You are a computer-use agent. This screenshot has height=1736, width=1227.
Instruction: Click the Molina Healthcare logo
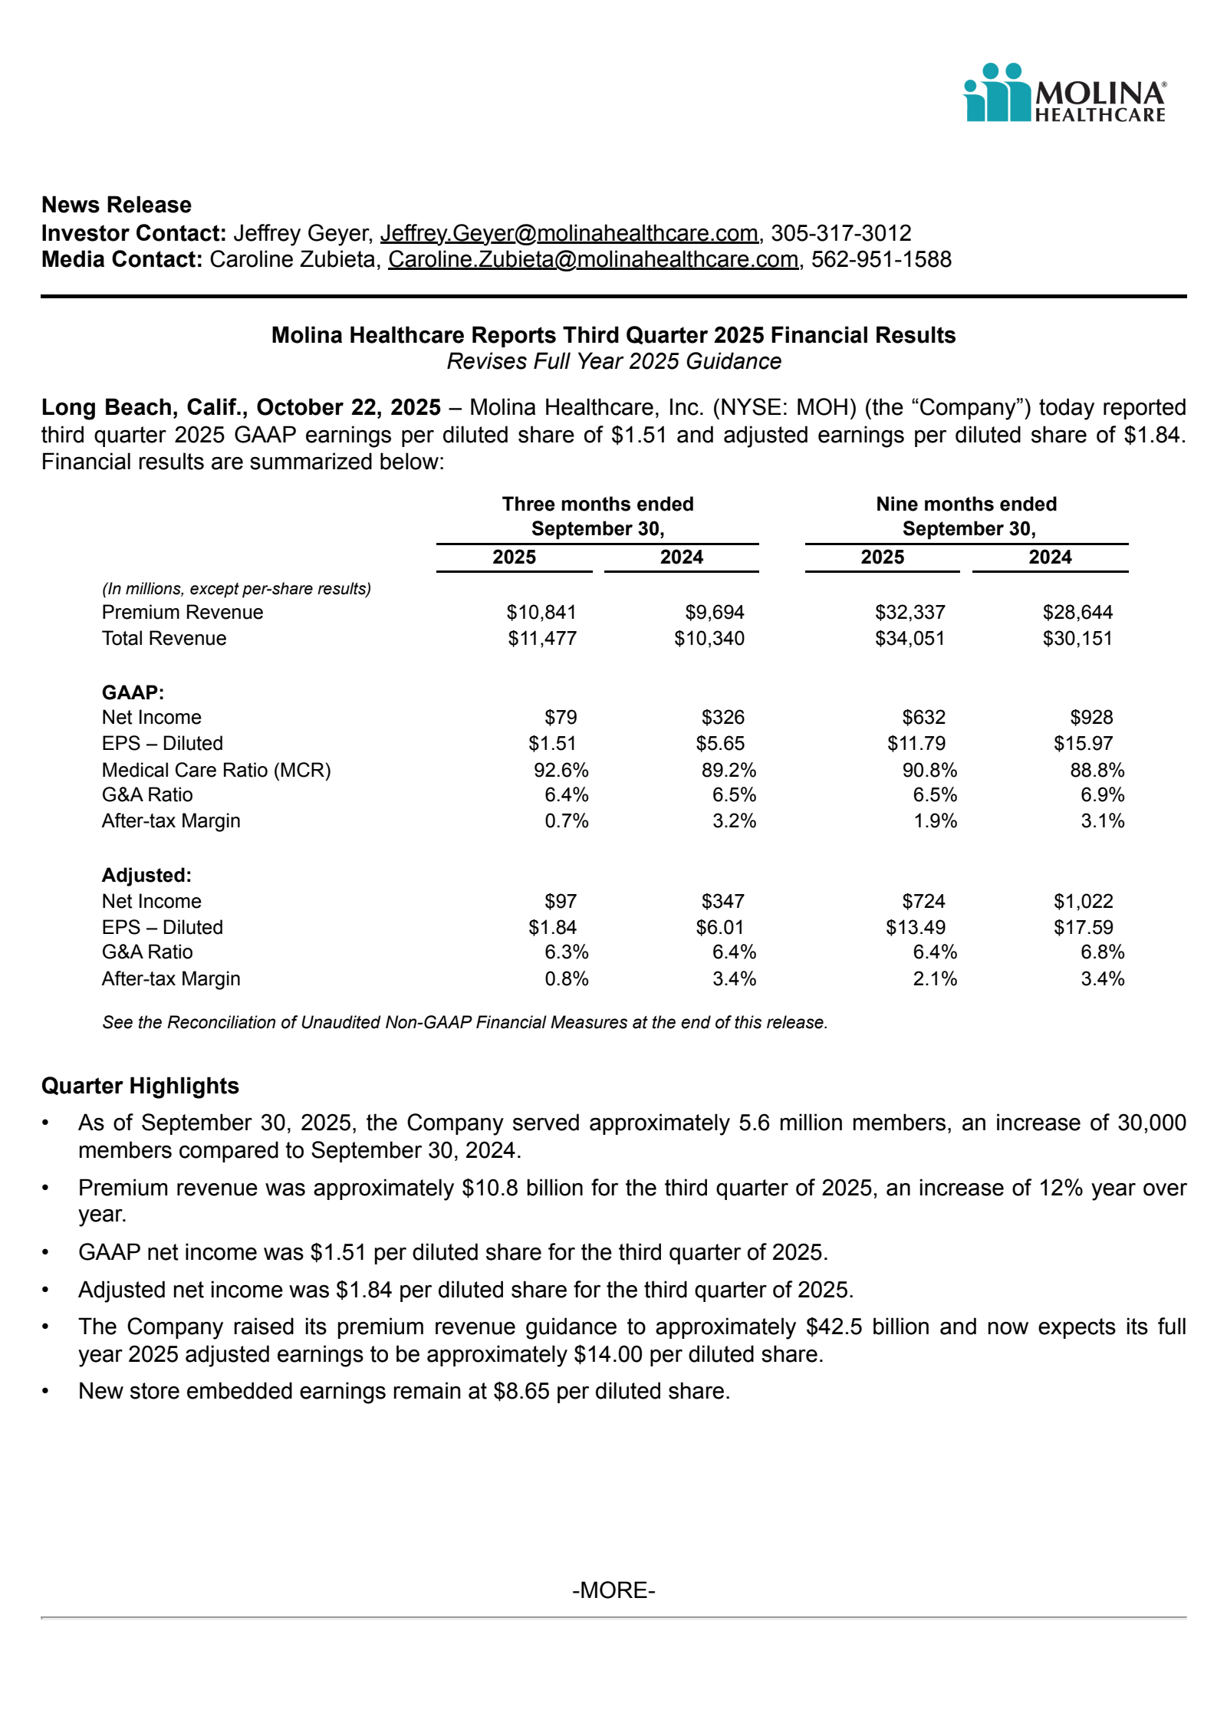pyautogui.click(x=1064, y=93)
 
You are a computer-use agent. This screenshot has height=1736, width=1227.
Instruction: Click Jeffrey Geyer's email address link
pyautogui.click(x=569, y=233)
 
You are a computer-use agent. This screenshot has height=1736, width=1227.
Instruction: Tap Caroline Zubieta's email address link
pyautogui.click(x=593, y=259)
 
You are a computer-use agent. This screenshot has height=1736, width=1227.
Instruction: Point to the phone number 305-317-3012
pyautogui.click(x=841, y=233)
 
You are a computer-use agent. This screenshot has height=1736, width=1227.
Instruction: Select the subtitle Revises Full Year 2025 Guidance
pyautogui.click(x=613, y=361)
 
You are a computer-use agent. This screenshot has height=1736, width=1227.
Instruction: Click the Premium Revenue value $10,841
pyautogui.click(x=541, y=612)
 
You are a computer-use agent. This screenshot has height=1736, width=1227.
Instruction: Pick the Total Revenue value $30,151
pyautogui.click(x=1077, y=638)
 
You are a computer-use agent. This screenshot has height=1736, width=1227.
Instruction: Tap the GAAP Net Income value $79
pyautogui.click(x=561, y=717)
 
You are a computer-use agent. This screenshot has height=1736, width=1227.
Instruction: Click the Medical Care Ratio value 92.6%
pyautogui.click(x=561, y=770)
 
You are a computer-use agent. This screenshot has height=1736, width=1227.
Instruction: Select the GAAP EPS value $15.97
pyautogui.click(x=1083, y=743)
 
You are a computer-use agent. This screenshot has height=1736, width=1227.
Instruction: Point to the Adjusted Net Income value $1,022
pyautogui.click(x=1083, y=901)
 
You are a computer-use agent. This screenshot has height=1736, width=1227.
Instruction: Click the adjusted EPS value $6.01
pyautogui.click(x=720, y=927)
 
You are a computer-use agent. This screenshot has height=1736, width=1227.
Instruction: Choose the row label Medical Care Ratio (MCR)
pyautogui.click(x=216, y=770)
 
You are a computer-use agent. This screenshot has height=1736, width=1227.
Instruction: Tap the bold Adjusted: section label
pyautogui.click(x=146, y=875)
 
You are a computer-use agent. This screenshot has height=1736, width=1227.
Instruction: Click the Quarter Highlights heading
pyautogui.click(x=140, y=1086)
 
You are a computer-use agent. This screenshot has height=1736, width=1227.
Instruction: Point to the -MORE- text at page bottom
pyautogui.click(x=613, y=1590)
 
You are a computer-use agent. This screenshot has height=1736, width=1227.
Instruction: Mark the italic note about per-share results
pyautogui.click(x=236, y=588)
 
